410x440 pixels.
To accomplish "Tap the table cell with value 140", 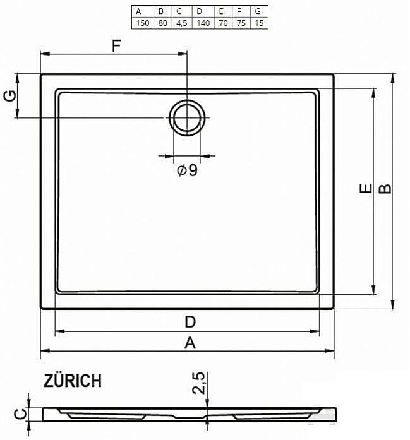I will [200, 23].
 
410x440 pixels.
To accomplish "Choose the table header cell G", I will [258, 11].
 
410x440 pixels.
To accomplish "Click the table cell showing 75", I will [239, 23].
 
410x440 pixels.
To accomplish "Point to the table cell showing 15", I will [258, 23].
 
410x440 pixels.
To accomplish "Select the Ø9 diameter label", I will [188, 170].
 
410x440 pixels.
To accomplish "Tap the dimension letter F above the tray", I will [116, 45].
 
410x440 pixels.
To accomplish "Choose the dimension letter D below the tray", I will [190, 322].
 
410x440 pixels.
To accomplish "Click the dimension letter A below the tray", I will [190, 343].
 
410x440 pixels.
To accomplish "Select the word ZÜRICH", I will [73, 381].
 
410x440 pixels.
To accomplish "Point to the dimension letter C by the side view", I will [20, 413].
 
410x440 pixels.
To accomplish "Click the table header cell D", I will [200, 11].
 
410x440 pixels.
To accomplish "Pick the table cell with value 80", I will [162, 23].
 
